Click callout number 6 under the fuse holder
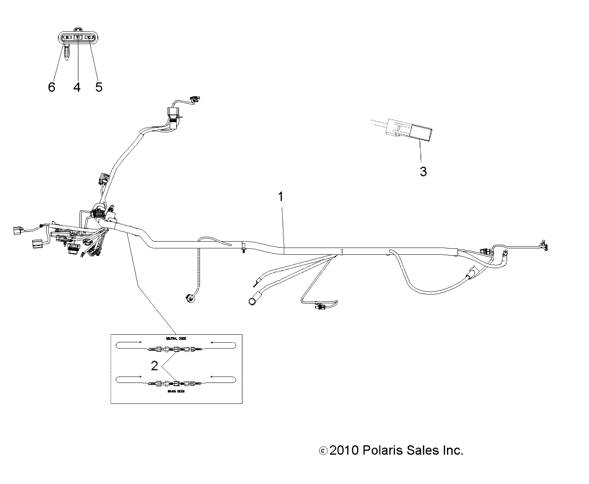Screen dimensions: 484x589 coord(51,87)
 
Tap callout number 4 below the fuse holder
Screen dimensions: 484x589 coord(77,87)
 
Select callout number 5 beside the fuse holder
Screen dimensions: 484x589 coord(99,87)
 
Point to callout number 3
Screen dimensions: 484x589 coord(423,172)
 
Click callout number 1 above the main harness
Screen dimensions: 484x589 coord(281,196)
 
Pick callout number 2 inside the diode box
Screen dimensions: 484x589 coord(155,365)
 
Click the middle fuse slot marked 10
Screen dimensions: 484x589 coord(78,37)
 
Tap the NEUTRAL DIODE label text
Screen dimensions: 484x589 coord(176,338)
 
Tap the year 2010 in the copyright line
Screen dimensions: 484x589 coord(345,451)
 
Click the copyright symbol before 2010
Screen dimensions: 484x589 coord(323,451)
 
